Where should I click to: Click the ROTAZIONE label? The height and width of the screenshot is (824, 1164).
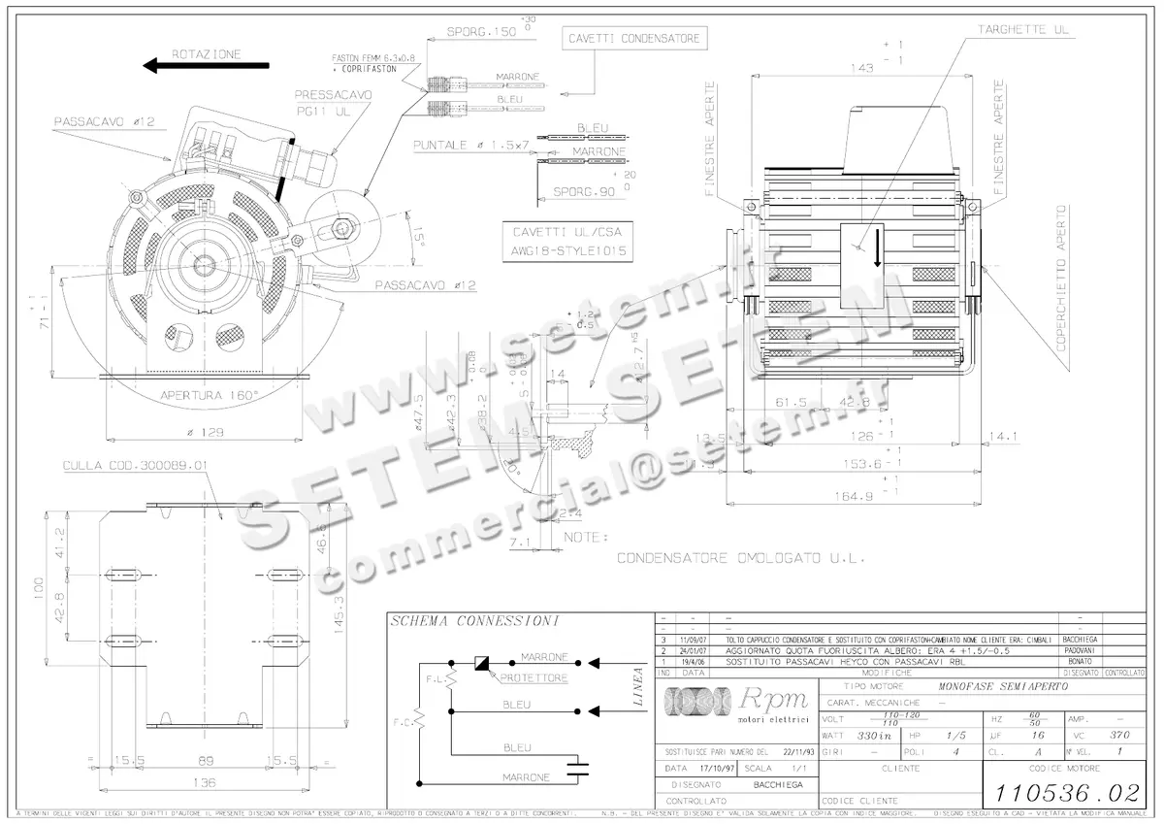point(206,54)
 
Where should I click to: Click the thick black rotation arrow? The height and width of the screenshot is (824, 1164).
point(206,66)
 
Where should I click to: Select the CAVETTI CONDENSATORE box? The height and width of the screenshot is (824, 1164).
point(632,39)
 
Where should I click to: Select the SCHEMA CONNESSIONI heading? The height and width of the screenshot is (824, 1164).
point(448,621)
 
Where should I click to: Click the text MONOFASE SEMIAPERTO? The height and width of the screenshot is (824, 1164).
point(1001,685)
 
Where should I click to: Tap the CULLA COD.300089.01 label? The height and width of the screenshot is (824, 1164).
point(135,466)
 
